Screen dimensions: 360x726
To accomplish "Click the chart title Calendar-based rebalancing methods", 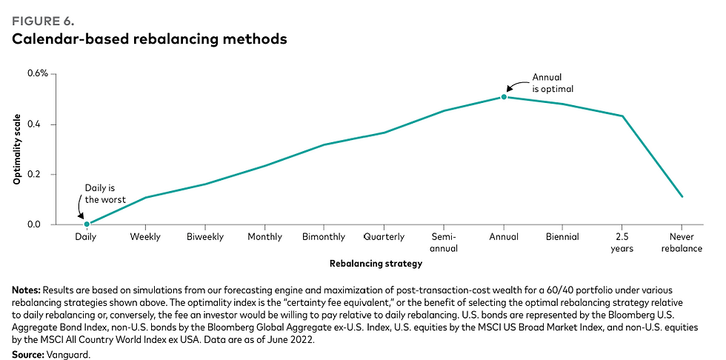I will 149,39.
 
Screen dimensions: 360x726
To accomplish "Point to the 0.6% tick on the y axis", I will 38,73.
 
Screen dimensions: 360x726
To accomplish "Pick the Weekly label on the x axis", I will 147,237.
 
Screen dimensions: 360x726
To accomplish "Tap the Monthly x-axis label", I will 265,237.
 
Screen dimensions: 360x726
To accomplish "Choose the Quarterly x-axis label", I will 384,237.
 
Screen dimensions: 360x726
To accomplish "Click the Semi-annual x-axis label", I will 444,242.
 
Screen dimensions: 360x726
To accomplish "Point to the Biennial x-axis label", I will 563,237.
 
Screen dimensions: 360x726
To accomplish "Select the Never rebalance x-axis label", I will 682,242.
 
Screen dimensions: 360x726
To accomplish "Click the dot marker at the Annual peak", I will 504,97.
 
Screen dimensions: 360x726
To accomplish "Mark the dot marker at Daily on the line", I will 87,224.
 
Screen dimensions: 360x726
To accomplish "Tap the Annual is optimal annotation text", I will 553,82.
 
